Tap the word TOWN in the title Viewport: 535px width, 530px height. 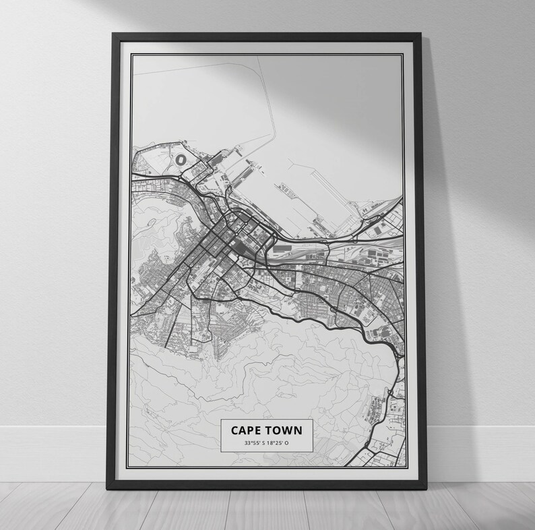pos(284,430)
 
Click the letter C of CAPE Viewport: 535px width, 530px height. pos(234,430)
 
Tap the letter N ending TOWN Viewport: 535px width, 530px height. pos(297,430)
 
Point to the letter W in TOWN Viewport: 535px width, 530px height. pos(288,430)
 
